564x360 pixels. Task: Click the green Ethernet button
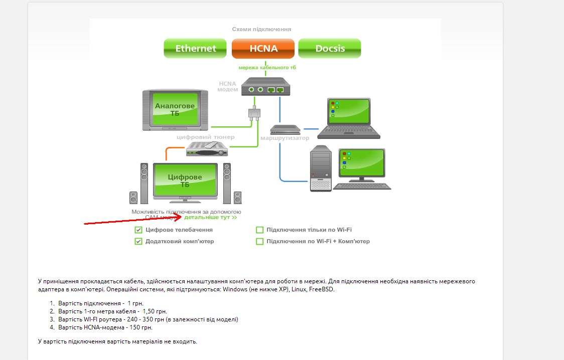coord(195,49)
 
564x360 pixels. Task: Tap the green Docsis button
coord(330,49)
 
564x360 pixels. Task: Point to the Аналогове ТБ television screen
coord(175,109)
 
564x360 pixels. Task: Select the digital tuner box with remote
coord(207,148)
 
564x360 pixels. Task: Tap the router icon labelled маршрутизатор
coord(285,129)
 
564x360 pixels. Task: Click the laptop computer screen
coord(349,112)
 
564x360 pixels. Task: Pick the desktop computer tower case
coord(321,168)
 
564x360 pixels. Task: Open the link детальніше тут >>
coord(211,218)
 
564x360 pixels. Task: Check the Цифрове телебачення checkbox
coord(138,230)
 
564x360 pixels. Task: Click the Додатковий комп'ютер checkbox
coord(138,241)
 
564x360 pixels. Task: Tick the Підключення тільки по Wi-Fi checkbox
coord(260,230)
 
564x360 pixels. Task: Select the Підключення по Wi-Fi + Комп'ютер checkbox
coord(260,241)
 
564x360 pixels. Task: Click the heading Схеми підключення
coord(261,30)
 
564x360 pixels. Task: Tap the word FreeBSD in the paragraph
coord(322,289)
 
